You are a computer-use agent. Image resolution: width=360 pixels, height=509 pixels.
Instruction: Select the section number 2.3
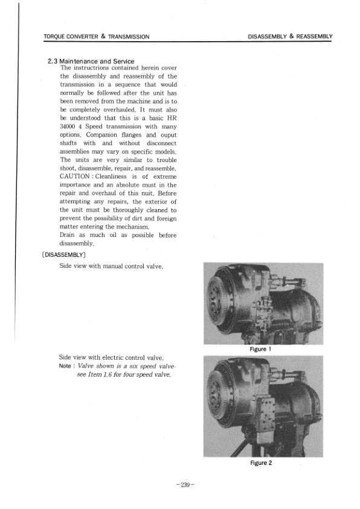[x=53, y=62]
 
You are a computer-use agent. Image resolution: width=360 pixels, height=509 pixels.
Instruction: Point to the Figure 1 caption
[x=261, y=349]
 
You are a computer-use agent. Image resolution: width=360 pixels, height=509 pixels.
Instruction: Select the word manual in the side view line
[x=115, y=267]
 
